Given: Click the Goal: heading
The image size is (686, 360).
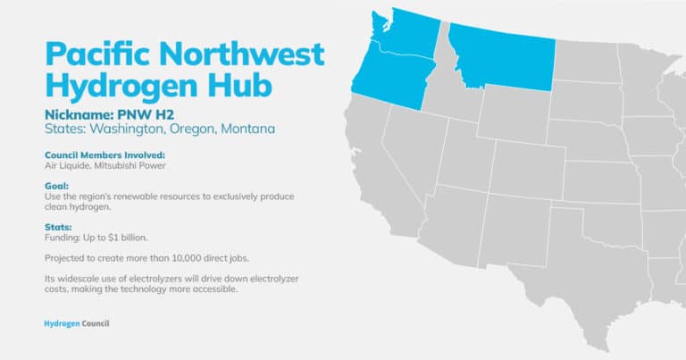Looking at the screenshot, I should pyautogui.click(x=57, y=185).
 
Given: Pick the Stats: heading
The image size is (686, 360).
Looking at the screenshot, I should pyautogui.click(x=58, y=227).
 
